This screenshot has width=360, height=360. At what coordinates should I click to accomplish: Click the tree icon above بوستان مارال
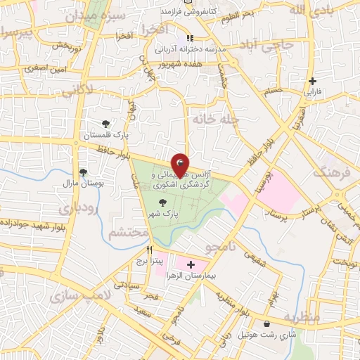(x=83, y=172)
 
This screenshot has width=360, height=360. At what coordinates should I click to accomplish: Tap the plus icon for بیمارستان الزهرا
(x=190, y=264)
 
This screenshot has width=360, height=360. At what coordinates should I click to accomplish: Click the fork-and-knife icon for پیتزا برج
(x=149, y=250)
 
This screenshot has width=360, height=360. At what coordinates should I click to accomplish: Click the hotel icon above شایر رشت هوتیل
(x=267, y=324)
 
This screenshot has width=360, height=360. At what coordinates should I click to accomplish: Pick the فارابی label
(x=312, y=91)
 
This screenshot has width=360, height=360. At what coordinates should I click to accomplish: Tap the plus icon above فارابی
(x=312, y=81)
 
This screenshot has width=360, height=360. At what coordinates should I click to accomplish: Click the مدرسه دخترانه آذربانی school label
(x=188, y=49)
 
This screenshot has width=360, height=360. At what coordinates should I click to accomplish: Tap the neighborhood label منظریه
(x=303, y=318)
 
